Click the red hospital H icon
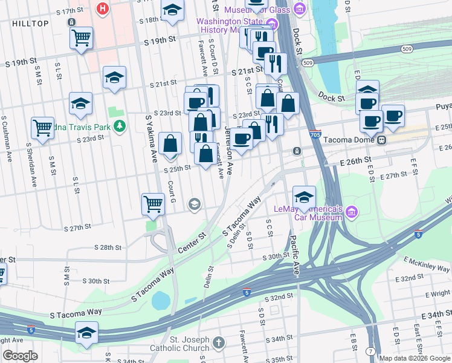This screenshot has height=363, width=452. coord(103,9)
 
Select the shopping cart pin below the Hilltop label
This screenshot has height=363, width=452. coord(81,39)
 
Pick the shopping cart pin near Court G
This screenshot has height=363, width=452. coord(153,204)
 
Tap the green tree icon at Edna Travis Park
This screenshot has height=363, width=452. coord(120,125)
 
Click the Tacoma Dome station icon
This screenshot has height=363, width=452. coord(381,140)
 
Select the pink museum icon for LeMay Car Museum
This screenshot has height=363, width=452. coord(352,212)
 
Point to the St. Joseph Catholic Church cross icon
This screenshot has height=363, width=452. coord(218,343)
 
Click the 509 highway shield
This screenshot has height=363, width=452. coord(309,63)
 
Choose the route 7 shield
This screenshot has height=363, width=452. coord(370,351)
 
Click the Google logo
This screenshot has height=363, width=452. coord(20,356)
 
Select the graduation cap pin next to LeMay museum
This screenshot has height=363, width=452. coord(304,196)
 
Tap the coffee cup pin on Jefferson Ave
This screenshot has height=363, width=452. coord(242,139)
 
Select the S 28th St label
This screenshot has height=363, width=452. coord(108,247)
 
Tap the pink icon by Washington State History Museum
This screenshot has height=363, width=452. coord(272,25)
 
